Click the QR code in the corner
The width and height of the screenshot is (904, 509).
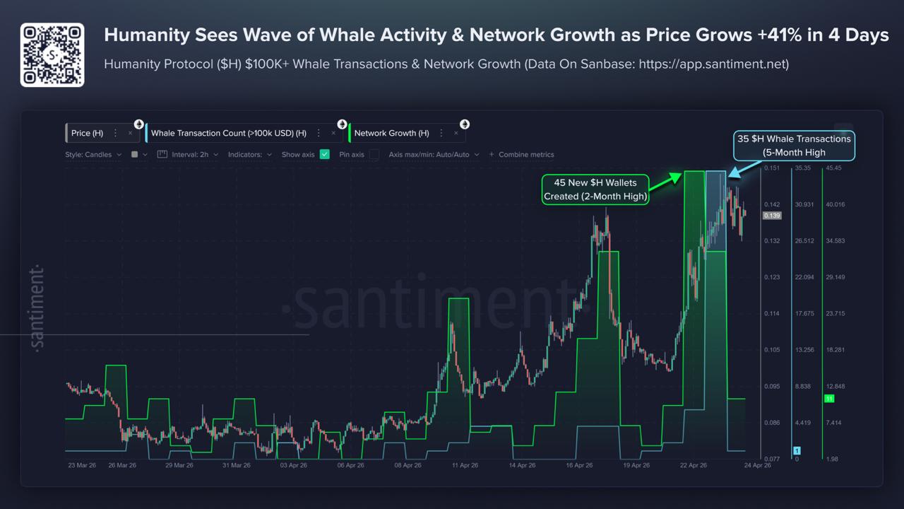[52, 54]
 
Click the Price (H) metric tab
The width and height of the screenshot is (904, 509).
[88, 133]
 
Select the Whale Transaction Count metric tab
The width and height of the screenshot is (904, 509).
[228, 133]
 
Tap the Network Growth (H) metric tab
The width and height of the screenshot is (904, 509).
[391, 133]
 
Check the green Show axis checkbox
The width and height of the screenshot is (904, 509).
[325, 154]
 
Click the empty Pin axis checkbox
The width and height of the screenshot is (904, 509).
[374, 154]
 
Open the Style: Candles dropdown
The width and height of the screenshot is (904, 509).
[93, 154]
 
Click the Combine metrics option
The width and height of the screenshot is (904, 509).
[525, 154]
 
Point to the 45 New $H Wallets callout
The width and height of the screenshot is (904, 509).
[595, 189]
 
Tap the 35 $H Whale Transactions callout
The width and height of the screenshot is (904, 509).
[794, 145]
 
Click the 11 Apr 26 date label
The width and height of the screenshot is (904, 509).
[465, 465]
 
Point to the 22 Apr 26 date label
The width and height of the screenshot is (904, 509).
[694, 465]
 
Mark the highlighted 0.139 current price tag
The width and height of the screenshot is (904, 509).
[772, 215]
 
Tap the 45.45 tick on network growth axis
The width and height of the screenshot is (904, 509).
[834, 168]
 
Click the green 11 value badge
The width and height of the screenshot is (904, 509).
[829, 399]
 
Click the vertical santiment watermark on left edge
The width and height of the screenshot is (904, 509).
[38, 308]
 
